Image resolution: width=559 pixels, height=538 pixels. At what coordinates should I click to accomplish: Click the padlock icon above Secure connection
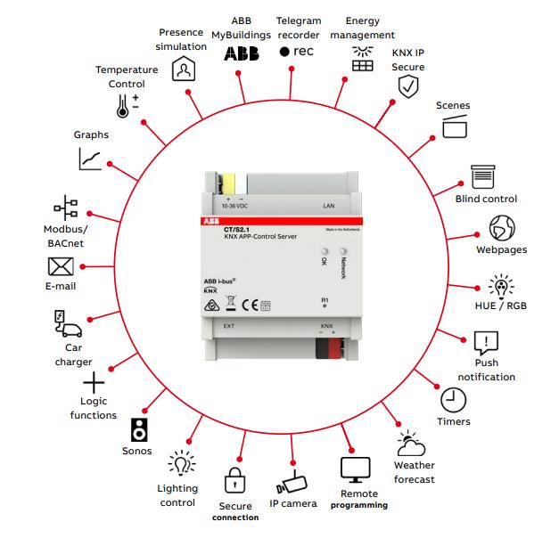click(234, 480)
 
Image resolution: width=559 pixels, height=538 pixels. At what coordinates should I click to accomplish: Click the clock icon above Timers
click(453, 399)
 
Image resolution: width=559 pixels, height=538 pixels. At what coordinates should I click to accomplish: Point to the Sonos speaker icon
click(139, 429)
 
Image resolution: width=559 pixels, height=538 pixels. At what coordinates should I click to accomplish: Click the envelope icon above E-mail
click(61, 266)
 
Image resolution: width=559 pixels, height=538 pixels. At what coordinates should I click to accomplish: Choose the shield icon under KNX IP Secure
click(407, 86)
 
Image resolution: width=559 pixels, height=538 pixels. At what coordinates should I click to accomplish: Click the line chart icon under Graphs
click(90, 159)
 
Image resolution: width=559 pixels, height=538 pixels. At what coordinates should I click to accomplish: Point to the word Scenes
click(452, 105)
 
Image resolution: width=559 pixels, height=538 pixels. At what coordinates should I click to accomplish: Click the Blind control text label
click(486, 199)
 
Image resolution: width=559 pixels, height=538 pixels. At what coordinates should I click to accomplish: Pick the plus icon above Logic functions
click(93, 384)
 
